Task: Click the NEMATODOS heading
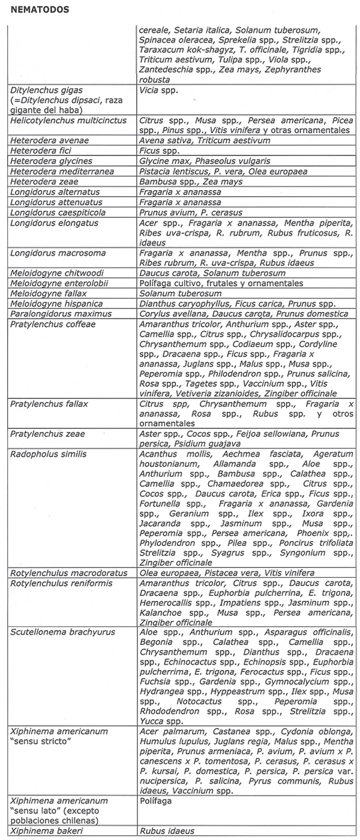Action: pos(40,10)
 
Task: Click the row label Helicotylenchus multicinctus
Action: pos(68,121)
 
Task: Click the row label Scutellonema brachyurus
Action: pos(62,632)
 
